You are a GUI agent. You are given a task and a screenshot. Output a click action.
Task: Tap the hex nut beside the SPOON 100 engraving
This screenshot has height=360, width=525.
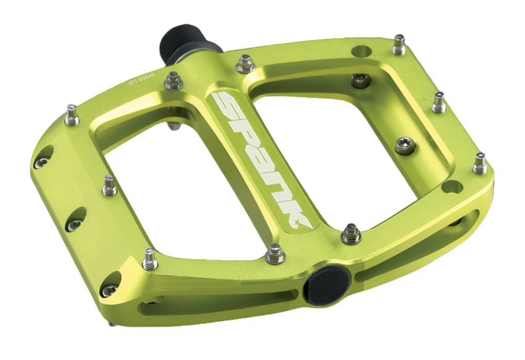174,80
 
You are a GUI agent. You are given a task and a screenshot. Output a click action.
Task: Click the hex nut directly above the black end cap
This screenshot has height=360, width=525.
351,233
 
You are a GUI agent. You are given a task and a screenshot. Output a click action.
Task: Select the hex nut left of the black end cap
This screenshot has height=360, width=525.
275,253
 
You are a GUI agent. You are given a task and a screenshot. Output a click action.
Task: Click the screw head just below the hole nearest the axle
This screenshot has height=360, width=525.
359,80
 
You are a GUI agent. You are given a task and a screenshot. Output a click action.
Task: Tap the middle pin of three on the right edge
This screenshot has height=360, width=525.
439,102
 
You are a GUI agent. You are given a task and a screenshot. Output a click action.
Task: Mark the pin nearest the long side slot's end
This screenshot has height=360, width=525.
479,163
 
